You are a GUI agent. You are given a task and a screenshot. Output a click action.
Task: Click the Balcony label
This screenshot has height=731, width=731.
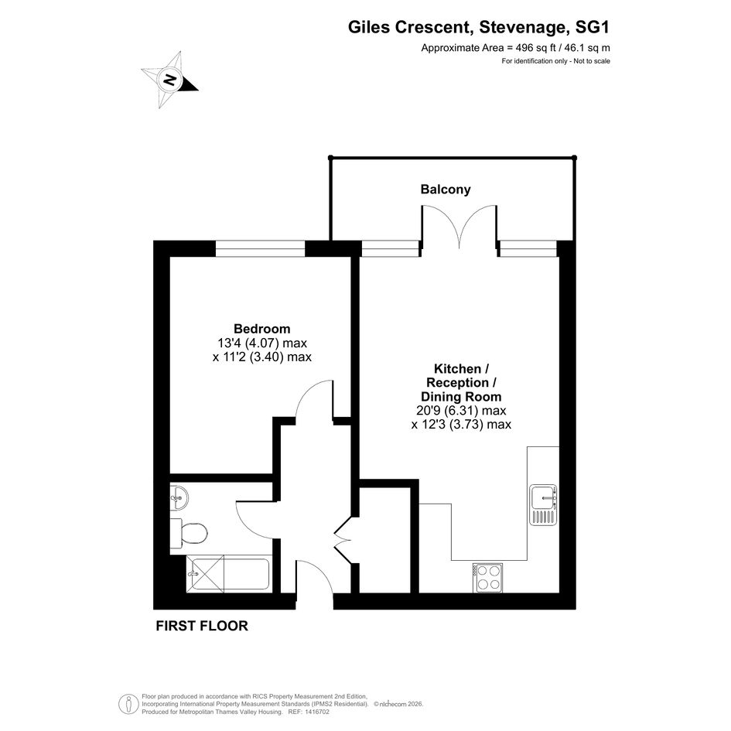point(446,190)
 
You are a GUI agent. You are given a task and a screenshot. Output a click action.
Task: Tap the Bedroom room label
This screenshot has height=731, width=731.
point(262,329)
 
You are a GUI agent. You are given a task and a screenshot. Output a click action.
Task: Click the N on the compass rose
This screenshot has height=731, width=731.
point(169,80)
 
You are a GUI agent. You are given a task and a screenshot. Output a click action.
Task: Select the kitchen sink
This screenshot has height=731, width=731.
point(543,504)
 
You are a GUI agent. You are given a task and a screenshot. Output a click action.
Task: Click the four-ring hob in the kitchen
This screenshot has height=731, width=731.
point(488,578)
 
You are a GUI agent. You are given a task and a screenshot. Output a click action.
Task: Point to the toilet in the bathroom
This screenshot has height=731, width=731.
point(188,533)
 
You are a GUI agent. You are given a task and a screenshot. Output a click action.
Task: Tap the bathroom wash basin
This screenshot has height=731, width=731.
point(179,497)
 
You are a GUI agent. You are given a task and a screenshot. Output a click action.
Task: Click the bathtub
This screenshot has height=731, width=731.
point(229,574)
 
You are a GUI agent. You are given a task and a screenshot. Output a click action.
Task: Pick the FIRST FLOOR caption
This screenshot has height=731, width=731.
point(202,626)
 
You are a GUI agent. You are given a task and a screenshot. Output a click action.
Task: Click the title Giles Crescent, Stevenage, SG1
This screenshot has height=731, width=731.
point(479,27)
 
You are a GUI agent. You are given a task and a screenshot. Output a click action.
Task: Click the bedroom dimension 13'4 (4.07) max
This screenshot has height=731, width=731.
point(262,343)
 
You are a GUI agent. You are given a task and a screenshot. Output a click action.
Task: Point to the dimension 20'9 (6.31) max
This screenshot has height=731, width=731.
point(461,411)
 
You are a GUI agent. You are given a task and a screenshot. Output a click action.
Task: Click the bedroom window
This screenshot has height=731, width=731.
point(260,248)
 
